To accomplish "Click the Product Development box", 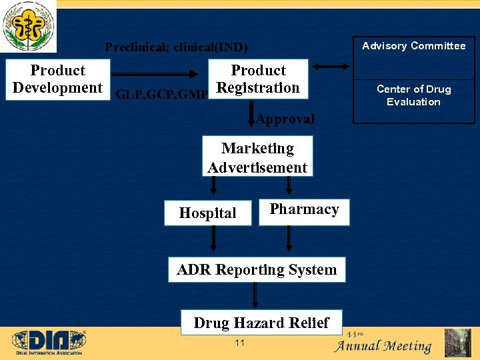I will point(57,79).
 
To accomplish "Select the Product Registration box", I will point(259,79).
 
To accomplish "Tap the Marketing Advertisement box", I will point(257,158).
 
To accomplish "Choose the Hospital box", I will point(208,213).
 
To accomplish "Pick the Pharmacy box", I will point(304,210).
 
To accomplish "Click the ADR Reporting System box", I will point(257,270).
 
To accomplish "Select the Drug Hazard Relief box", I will point(261,323).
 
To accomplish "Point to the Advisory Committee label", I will point(413,46).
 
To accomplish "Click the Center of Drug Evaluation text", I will point(413,95).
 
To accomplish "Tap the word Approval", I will point(285,119).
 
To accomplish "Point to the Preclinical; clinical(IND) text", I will point(176,47).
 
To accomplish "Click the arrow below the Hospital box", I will point(213,238).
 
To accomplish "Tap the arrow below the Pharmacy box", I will point(289,238).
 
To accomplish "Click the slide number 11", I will point(240,343).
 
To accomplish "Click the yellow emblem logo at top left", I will point(29,26).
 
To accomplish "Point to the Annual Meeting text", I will point(383,346).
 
